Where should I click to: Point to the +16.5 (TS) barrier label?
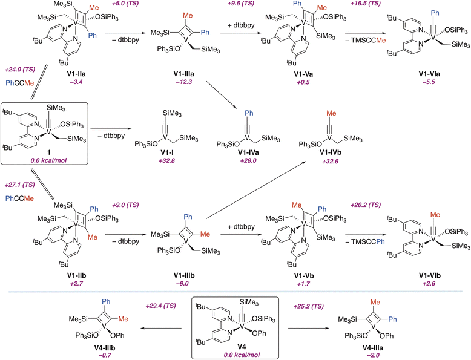pyautogui.click(x=369, y=4)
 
